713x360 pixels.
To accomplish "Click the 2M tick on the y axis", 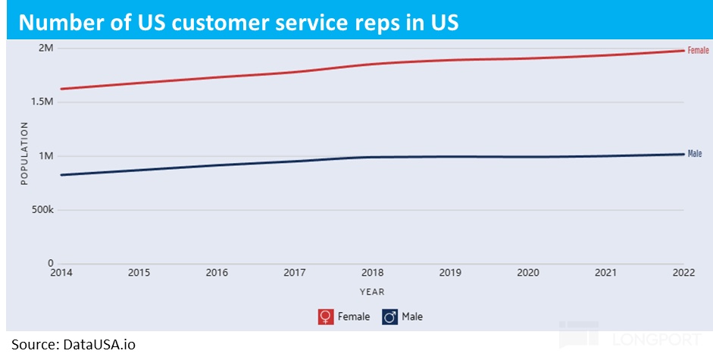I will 45,49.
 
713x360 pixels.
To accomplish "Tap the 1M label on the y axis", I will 45,156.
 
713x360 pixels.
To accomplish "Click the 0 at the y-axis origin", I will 51,264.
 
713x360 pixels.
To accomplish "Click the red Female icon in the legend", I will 326,317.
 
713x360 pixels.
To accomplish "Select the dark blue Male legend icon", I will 389,317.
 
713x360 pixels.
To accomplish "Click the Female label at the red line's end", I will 698,50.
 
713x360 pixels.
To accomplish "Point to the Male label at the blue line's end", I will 695,154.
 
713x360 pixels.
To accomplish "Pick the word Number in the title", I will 54,22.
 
